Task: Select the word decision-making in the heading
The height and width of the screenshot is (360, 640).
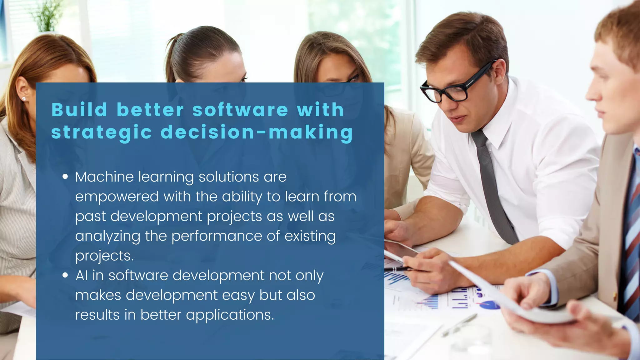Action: (257, 132)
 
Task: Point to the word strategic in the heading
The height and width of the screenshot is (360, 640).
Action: (102, 132)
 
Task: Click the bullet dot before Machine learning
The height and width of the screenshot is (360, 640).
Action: (65, 177)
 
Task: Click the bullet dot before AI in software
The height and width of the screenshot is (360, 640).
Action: (65, 275)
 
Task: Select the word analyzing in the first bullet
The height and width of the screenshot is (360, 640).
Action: (107, 236)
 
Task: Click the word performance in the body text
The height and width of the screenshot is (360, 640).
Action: (217, 236)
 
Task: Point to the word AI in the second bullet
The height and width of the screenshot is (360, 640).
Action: (81, 275)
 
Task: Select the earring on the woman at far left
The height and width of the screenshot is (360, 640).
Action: (24, 99)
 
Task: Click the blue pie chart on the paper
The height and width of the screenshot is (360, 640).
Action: (489, 305)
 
